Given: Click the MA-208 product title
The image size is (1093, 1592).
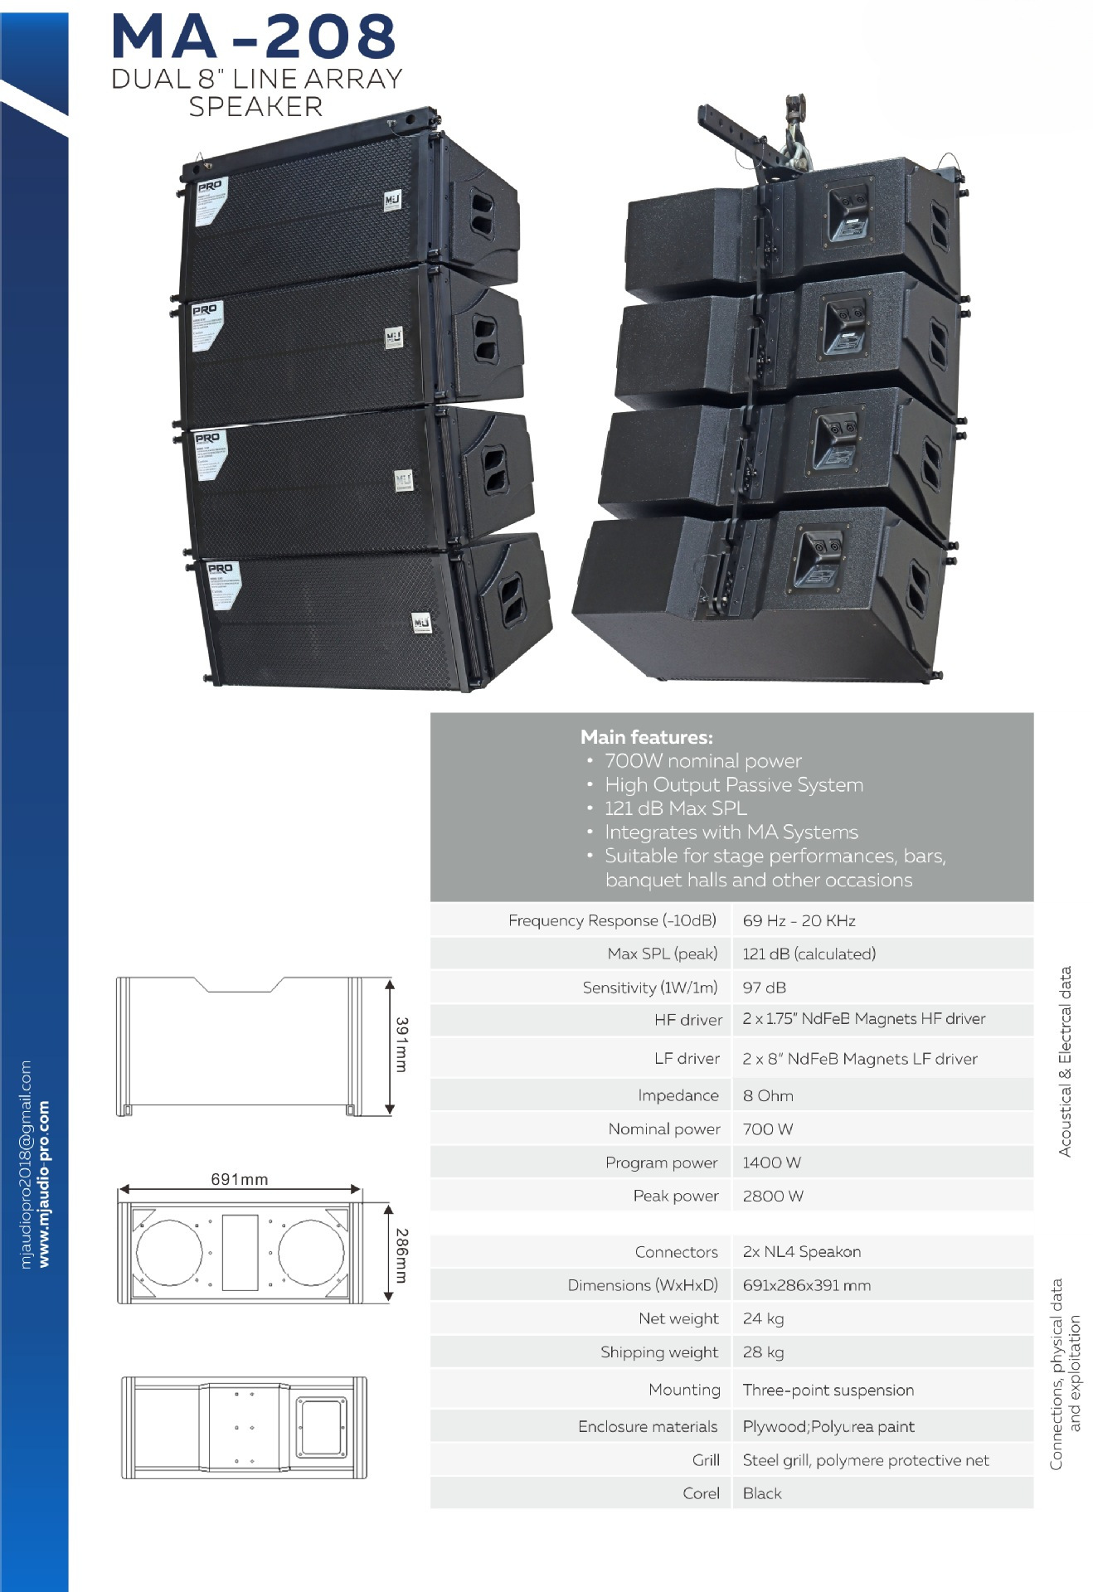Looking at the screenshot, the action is coord(254,36).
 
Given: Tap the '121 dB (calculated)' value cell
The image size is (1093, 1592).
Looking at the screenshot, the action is coord(809,954).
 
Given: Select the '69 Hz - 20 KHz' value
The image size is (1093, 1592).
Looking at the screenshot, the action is coord(799,920).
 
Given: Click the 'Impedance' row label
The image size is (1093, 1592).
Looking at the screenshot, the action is coord(678,1095).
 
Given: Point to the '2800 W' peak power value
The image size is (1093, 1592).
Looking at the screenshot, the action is coord(773,1196).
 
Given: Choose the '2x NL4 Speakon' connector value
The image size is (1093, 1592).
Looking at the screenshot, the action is coord(801,1251).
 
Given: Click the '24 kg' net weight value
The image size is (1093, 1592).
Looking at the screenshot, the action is coord(763,1318).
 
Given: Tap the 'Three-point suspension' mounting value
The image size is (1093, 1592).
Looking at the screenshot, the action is coord(828,1390).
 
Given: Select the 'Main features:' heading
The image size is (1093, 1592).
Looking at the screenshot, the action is coord(646,736).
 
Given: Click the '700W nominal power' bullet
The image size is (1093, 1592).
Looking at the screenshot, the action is coord(702,760).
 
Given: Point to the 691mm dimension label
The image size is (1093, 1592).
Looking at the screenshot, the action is coord(239,1179).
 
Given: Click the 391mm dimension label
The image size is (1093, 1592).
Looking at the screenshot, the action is coord(401,1045).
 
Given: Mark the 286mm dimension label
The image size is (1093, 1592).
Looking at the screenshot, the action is coord(401,1255).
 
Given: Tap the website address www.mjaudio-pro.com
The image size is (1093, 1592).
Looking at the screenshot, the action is coord(44,1183).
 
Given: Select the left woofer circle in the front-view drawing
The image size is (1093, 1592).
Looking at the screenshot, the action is coord(169,1252).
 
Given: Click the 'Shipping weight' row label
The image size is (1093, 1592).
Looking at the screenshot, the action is coord(658,1352).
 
